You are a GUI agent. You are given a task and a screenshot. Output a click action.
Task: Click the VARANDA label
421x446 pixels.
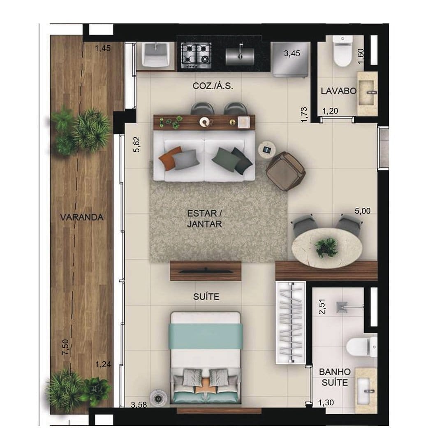[81, 217]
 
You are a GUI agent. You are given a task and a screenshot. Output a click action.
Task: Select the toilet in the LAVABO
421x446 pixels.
[342, 51]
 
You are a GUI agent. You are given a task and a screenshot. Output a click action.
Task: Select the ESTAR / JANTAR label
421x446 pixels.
[205, 219]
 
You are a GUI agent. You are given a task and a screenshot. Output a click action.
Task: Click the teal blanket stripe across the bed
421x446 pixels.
[205, 336]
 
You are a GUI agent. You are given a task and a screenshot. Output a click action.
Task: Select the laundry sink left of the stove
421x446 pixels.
[156, 55]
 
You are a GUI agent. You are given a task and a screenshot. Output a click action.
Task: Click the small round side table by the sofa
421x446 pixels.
[266, 149]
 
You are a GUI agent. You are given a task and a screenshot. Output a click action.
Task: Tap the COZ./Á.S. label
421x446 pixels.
[213, 86]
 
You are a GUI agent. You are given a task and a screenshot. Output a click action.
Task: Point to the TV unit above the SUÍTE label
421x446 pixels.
[206, 271]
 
